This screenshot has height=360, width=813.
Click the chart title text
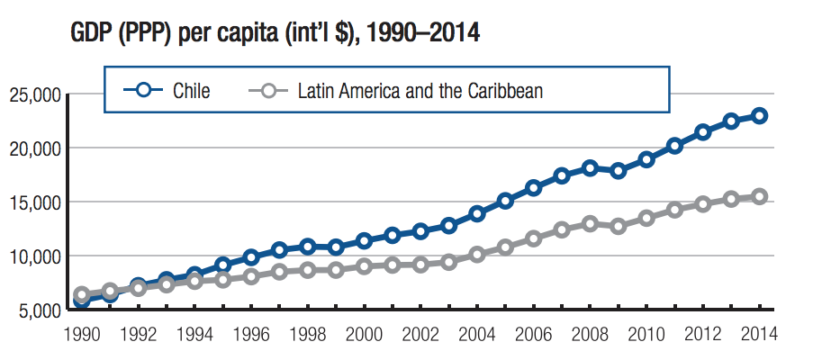tap(274, 34)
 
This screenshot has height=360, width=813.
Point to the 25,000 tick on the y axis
tap(33, 94)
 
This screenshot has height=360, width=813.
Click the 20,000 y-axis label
tap(33, 148)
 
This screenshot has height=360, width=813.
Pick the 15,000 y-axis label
tap(33, 202)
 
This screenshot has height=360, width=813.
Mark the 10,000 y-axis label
tap(33, 256)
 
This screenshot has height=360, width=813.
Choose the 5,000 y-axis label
tap(38, 310)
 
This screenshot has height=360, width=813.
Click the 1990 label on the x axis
tap(82, 334)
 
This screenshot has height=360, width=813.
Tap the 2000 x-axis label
tap(364, 334)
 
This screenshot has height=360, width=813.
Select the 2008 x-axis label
tap(590, 334)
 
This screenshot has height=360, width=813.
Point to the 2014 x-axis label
tap(759, 334)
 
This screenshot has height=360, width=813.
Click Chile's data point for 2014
tap(760, 115)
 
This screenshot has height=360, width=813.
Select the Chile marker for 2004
tap(477, 214)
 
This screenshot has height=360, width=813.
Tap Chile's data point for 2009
tap(619, 171)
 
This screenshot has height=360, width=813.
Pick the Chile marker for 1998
tap(308, 247)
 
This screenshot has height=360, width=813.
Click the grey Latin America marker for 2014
tap(760, 196)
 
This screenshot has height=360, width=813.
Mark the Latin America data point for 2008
tap(590, 223)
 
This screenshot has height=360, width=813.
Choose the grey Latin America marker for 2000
tap(364, 266)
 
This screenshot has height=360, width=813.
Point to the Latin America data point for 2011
tap(674, 210)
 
